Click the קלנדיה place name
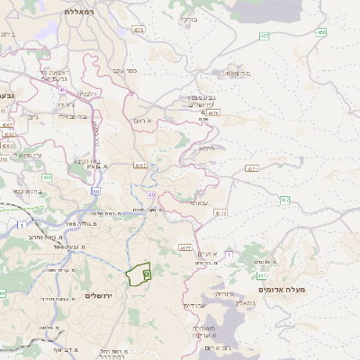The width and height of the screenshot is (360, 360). pos(86,94)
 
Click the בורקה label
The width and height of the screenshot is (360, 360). pos(188,18)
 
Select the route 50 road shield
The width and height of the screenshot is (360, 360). pos(95,191)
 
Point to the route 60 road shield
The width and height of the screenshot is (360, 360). pos(151,193)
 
